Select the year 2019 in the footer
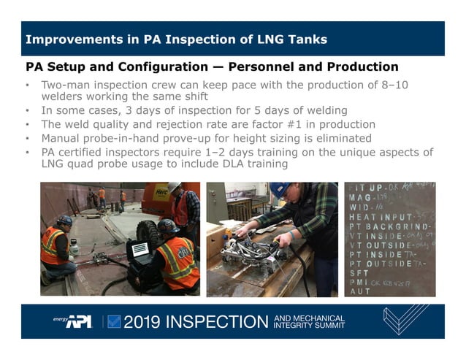pos(144,321)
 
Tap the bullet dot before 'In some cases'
pos(27,112)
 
